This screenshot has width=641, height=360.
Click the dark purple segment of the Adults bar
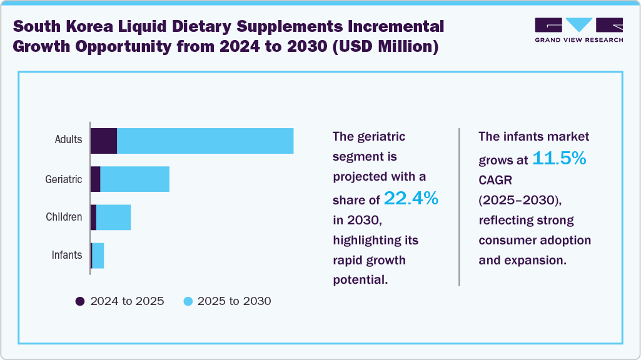104,141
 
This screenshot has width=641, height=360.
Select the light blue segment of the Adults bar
205,141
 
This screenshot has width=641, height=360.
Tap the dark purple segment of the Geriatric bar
96,179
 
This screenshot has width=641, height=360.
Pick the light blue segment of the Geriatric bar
134,179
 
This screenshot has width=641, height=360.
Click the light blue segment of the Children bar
113,217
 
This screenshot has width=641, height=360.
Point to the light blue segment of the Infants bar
98,256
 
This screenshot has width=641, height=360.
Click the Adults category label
68,139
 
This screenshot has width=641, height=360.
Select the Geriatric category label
64,179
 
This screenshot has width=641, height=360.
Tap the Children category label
64,217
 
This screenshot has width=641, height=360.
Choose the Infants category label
67,255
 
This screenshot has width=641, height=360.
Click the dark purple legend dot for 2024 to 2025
80,301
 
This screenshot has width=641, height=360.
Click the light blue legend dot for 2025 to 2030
188,301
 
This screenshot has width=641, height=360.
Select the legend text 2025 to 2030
234,301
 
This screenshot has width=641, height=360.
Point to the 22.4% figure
411,199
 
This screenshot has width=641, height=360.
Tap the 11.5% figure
559,159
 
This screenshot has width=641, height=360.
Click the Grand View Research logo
578,30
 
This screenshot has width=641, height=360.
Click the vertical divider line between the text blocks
460,207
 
